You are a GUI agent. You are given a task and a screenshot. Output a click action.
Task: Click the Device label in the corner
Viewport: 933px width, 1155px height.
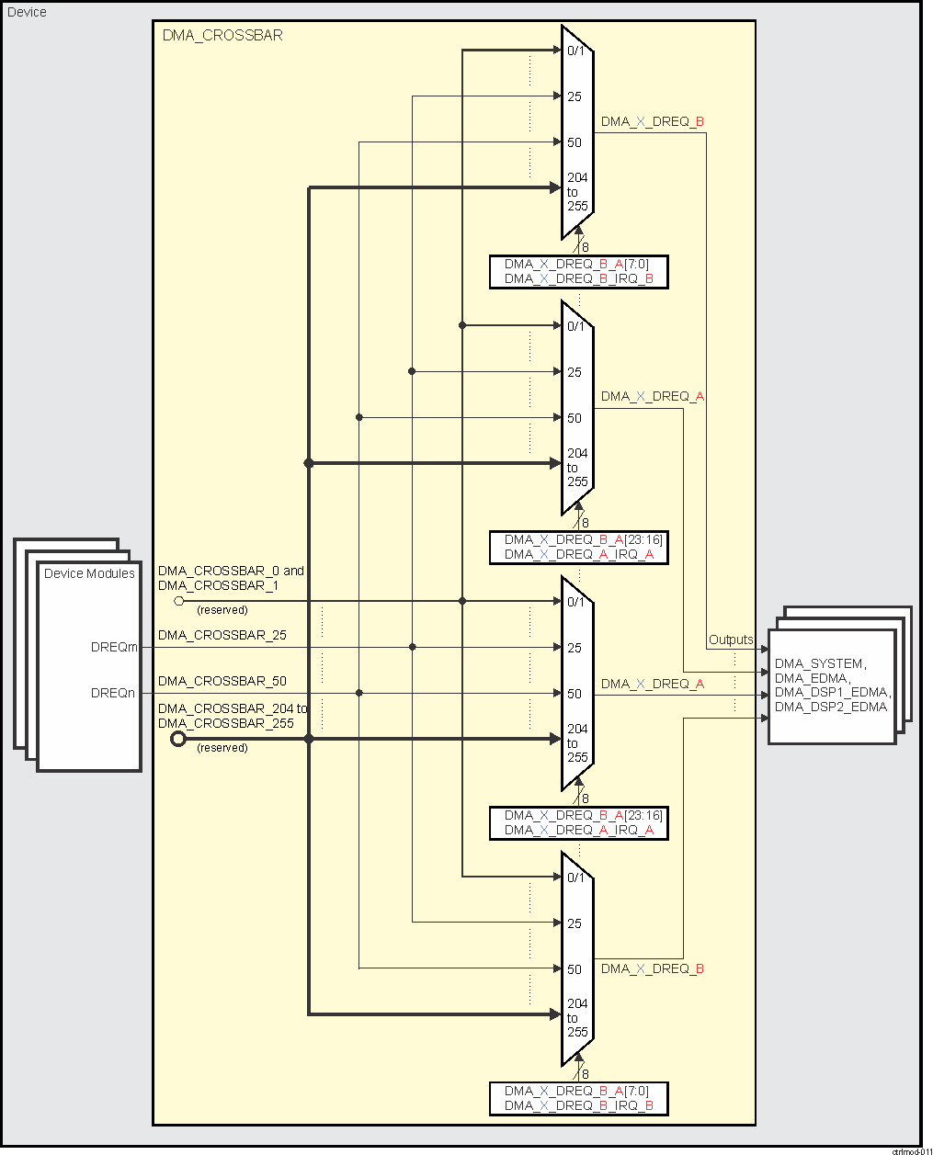coord(27,12)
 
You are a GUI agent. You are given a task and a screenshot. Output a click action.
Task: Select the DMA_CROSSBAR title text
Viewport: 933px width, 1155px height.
coord(222,36)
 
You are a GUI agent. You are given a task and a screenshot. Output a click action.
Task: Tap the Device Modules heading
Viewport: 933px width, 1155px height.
coord(89,573)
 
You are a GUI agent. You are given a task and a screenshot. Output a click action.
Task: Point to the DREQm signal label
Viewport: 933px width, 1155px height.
coord(114,647)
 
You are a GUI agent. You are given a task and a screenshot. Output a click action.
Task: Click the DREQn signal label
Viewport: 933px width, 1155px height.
coord(113,693)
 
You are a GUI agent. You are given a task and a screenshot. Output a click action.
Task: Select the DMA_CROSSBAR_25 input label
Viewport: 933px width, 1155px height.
coord(222,635)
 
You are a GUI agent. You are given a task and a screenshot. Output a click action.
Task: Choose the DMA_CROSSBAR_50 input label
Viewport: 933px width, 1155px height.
coord(222,681)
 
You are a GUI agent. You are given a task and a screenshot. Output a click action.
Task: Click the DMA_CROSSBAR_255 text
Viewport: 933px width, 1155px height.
coord(225,723)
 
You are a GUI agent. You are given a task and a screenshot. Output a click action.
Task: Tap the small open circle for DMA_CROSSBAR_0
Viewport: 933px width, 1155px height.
coord(179,601)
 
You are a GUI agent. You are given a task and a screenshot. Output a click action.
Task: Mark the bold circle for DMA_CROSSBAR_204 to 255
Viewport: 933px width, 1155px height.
coord(178,739)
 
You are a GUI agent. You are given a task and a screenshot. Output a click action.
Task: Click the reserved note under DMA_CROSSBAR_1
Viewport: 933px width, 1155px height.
coord(222,610)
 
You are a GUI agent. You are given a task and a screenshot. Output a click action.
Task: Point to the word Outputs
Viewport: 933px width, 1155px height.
coord(731,640)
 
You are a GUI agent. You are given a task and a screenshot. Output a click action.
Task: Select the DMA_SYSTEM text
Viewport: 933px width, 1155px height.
coord(819,663)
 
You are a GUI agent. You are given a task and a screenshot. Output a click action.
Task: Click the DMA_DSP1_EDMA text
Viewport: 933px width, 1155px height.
coord(832,692)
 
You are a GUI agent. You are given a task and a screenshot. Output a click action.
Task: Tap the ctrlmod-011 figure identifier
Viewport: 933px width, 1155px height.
coord(911,1150)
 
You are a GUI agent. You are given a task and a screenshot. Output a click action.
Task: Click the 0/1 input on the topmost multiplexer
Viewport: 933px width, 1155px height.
coord(575,51)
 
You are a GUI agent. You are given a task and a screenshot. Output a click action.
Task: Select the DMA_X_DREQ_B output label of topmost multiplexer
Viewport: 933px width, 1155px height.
coord(652,121)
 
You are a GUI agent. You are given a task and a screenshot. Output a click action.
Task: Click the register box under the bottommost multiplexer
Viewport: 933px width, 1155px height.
coord(578,1098)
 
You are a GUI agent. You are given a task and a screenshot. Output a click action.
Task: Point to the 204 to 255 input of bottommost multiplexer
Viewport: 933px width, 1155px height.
coord(577,1017)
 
